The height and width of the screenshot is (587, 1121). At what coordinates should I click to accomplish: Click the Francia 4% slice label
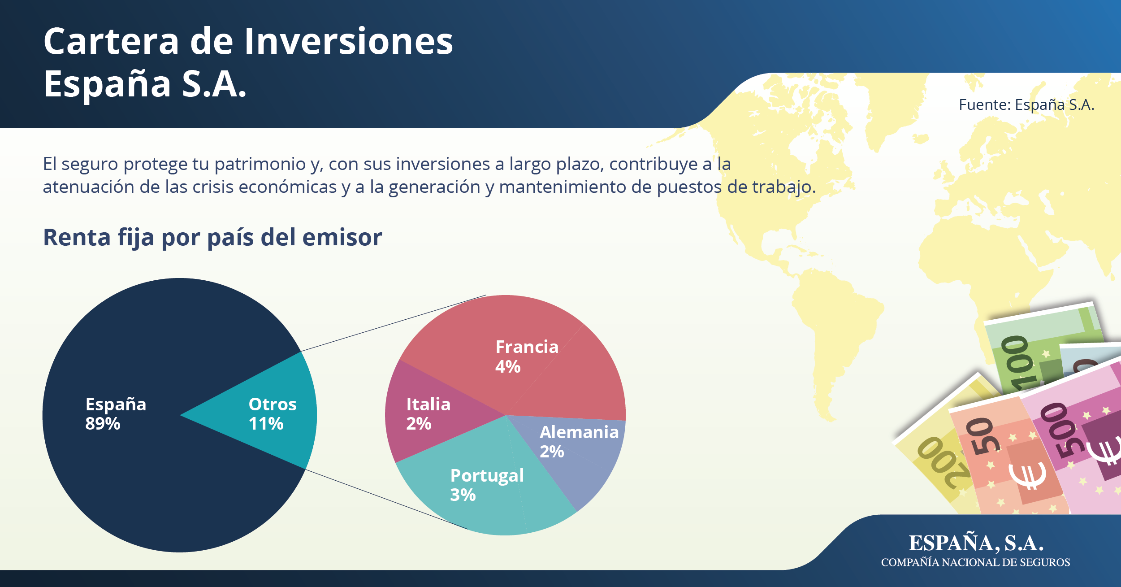[527, 357]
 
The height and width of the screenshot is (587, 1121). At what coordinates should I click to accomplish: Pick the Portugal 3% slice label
[487, 485]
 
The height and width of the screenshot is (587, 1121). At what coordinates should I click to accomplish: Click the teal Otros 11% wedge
[269, 413]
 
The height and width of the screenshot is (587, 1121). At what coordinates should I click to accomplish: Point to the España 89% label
[116, 413]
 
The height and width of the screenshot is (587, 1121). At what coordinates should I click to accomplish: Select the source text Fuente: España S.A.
[1026, 104]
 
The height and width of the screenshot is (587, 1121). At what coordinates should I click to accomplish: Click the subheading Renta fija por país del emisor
[212, 237]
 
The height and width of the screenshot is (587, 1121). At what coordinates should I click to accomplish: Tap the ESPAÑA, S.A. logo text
[976, 543]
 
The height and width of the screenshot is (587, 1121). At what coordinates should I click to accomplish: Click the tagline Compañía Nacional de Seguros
[975, 562]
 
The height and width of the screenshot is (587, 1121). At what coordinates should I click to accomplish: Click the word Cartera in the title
[112, 41]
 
